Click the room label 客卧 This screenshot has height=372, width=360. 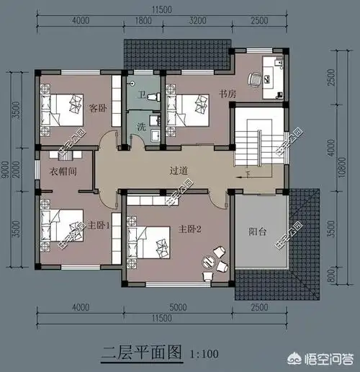click(x=97, y=107)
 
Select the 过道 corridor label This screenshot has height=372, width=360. click(x=179, y=170)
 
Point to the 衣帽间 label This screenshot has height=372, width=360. click(x=63, y=172)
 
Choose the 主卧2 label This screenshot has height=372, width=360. click(x=189, y=229)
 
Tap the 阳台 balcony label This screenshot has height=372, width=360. click(x=258, y=232)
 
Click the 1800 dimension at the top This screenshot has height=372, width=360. click(x=144, y=23)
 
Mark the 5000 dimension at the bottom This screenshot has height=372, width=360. click(x=176, y=308)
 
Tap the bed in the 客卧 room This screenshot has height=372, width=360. click(x=63, y=110)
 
